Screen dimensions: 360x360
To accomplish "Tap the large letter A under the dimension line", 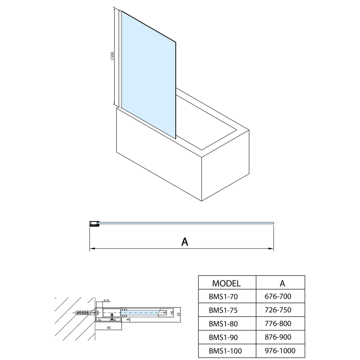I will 185,242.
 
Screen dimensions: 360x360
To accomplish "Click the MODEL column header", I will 227,283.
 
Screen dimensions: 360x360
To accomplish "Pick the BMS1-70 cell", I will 223,297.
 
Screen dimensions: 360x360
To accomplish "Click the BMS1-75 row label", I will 223,310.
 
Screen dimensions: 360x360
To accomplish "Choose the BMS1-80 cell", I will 223,323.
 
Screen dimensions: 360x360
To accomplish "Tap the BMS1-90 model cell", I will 223,337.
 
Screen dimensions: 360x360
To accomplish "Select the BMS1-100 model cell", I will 225,351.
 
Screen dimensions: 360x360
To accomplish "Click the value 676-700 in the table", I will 278,297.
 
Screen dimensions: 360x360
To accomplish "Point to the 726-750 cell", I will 278,310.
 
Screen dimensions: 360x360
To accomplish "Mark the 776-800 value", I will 278,323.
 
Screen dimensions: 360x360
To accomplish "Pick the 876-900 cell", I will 278,337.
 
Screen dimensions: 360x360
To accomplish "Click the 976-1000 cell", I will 280,351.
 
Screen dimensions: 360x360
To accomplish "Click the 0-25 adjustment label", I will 107,301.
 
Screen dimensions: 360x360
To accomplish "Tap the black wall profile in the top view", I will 94,223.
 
